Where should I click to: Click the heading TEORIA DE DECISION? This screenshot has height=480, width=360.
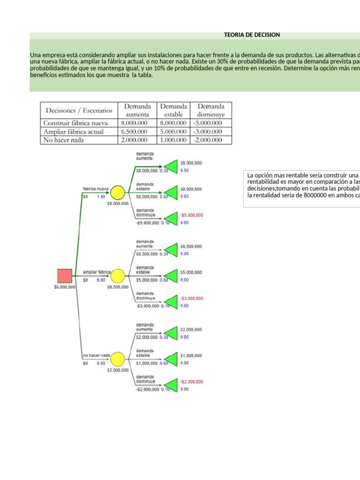tap(252, 35)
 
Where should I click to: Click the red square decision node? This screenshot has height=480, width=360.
tap(65, 276)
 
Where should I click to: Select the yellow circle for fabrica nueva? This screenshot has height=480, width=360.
tap(118, 192)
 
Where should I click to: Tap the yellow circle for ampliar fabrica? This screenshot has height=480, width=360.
tap(118, 276)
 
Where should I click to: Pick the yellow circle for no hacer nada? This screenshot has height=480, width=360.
tap(118, 359)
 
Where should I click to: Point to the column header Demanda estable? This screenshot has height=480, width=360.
tap(174, 110)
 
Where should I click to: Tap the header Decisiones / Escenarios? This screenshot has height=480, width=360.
tap(79, 111)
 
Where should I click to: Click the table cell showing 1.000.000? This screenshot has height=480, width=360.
tap(174, 140)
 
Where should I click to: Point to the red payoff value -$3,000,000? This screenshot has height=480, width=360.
tap(192, 298)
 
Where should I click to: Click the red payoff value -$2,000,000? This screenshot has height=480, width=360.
tap(192, 382)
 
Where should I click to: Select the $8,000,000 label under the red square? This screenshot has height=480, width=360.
tap(65, 287)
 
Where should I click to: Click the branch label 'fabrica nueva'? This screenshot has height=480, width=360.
tap(96, 188)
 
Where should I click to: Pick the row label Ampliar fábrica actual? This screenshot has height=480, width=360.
tap(74, 132)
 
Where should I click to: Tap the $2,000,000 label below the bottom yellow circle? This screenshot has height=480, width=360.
tap(118, 370)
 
